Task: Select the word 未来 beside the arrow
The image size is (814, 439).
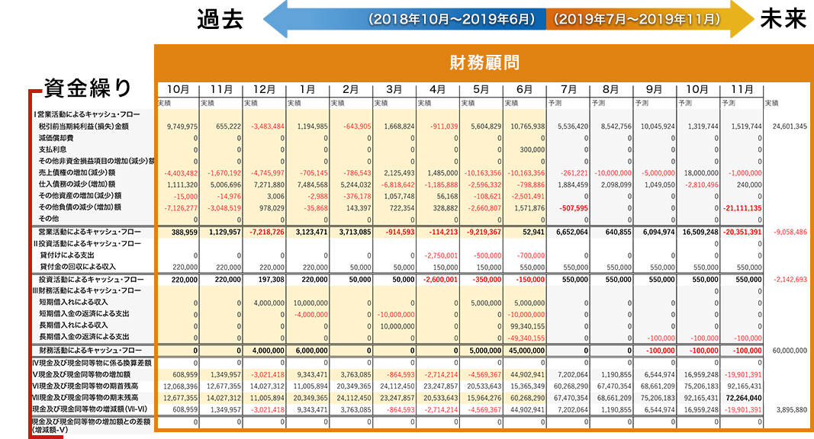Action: (x=783, y=18)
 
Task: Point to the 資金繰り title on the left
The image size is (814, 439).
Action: (x=87, y=86)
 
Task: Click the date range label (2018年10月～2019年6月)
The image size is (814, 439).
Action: (x=452, y=18)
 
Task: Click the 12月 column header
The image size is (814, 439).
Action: (x=264, y=89)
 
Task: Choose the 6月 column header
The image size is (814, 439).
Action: (x=525, y=89)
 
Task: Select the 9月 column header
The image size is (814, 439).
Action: (x=655, y=89)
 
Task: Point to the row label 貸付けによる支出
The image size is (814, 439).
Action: (x=68, y=255)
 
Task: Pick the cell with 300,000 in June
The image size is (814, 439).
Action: (x=529, y=149)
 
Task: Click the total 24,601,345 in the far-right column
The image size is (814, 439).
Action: (x=790, y=127)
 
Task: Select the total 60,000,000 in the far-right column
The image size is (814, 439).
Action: (x=790, y=351)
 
